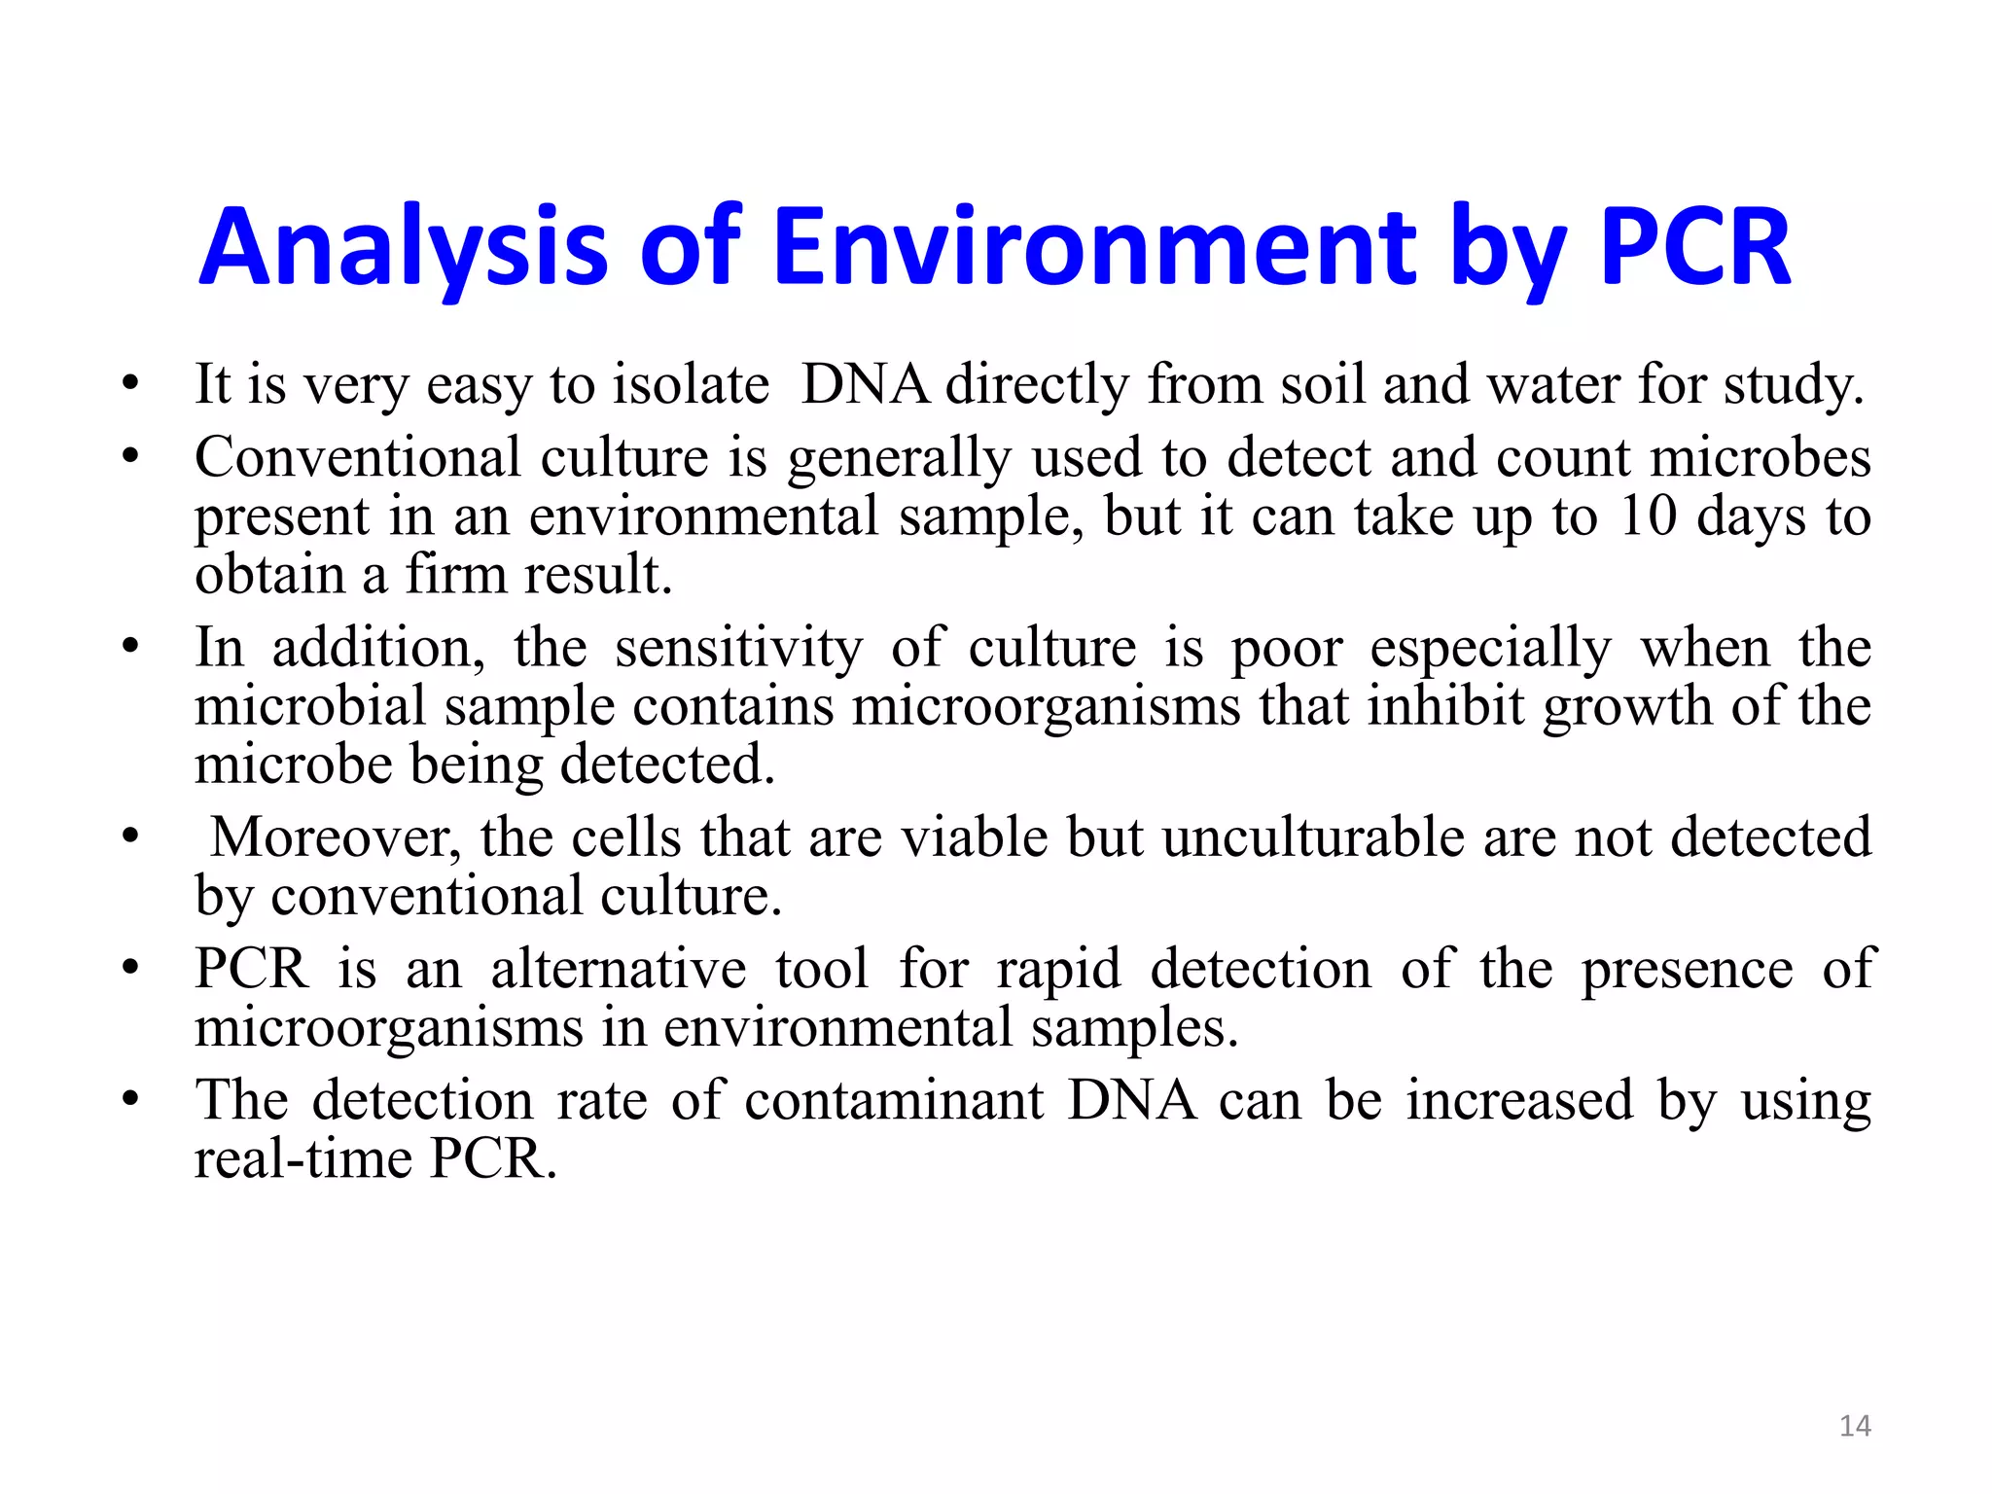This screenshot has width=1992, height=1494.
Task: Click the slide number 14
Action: click(1855, 1426)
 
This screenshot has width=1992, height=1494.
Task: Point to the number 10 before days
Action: click(1648, 516)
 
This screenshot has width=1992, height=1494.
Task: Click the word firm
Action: click(455, 575)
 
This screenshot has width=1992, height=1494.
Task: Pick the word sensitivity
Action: click(738, 648)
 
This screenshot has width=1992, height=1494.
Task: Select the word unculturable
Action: click(1313, 837)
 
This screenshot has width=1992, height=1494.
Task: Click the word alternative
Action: click(619, 970)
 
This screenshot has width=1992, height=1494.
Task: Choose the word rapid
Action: click(1059, 970)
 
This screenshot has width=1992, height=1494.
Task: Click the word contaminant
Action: click(894, 1101)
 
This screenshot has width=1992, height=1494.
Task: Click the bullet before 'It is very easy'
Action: click(130, 383)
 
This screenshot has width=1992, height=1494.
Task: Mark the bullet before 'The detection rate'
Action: click(130, 1099)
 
